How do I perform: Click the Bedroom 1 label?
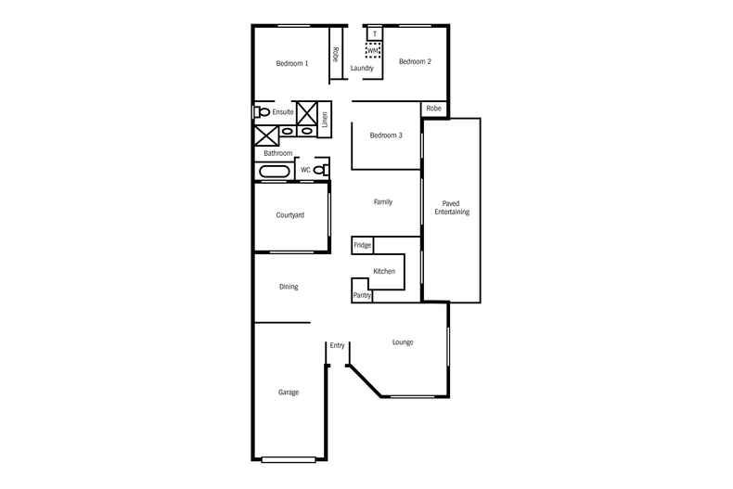291,63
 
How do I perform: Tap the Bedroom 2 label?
415,62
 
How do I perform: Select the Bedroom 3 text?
386,135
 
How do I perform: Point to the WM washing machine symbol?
374,50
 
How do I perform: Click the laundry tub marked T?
375,34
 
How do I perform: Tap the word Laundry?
362,68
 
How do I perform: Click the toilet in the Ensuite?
262,112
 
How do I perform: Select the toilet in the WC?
320,170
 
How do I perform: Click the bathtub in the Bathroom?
273,172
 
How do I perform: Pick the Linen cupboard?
326,120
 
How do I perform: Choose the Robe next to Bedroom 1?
335,54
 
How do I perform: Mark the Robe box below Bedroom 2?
434,109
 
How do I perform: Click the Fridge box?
362,245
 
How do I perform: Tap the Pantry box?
362,295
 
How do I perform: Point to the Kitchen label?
384,271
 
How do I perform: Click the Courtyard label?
290,215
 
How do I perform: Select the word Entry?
337,345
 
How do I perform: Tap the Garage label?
289,392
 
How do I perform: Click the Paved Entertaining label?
452,207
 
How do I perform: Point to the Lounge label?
403,342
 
